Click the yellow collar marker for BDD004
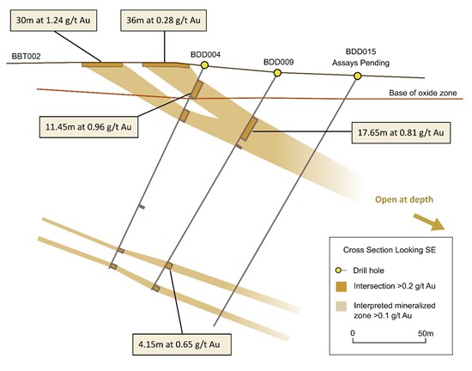pos(205,64)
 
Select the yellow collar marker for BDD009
pos(277,73)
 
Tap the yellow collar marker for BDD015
pos(357,76)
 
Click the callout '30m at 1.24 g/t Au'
pos(53,20)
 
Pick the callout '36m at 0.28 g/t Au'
pos(163,20)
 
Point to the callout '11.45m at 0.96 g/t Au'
pos(88,127)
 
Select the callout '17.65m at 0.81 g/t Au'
pos(401,132)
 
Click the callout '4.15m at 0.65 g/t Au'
pos(182,344)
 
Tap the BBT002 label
pos(26,57)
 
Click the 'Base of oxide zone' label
pos(422,93)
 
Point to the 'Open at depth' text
pos(404,199)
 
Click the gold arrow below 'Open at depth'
pos(428,222)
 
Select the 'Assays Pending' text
pos(360,63)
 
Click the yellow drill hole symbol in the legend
pos(338,271)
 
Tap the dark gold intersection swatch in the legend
pos(341,286)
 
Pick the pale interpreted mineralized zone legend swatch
pos(341,306)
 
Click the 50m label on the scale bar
pos(426,333)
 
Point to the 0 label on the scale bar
pos(353,333)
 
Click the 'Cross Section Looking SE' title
pos(390,250)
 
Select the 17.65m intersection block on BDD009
pos(249,129)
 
